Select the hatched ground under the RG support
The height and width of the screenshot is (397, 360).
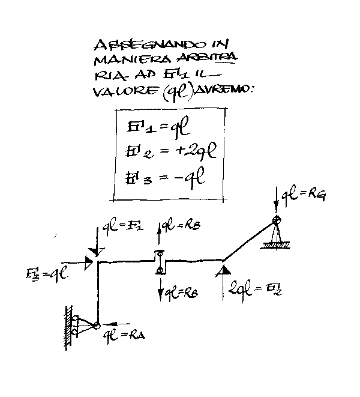tap(277, 246)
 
